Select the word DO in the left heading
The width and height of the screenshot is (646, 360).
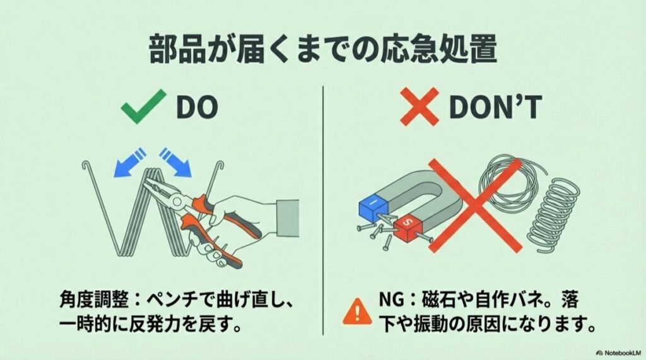196,108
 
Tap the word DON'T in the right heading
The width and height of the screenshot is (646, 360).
495,108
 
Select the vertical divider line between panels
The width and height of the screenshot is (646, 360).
323,208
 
